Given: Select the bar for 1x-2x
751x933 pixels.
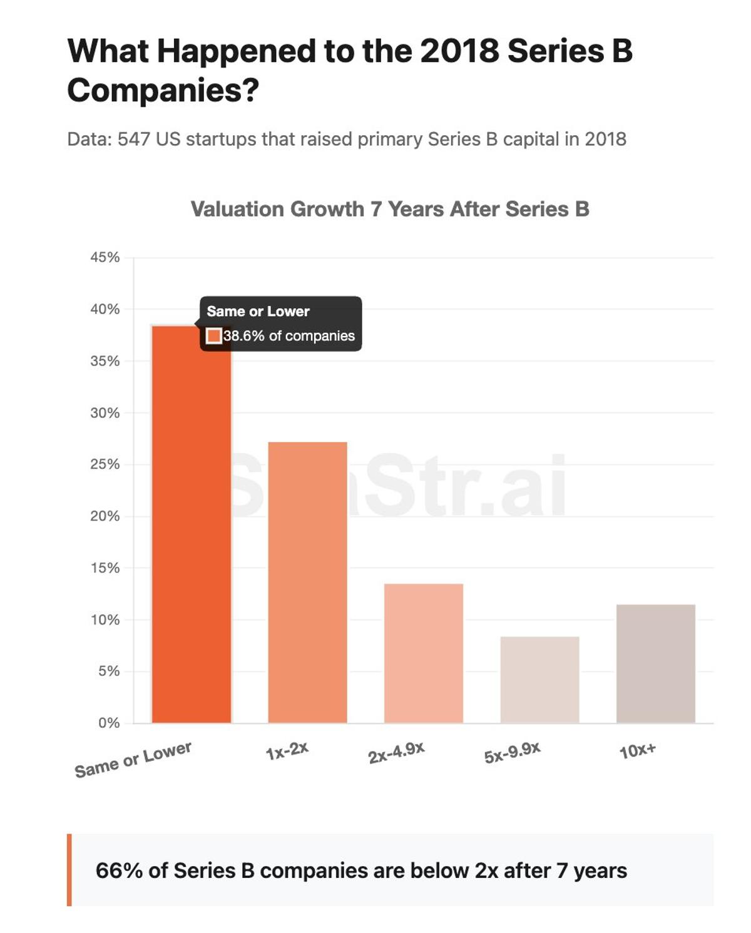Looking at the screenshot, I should click(x=307, y=582).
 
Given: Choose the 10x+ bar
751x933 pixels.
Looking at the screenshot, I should click(x=655, y=663).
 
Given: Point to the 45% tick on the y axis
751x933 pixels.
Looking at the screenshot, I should click(x=105, y=257).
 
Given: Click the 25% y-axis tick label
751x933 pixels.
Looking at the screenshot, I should click(x=105, y=464).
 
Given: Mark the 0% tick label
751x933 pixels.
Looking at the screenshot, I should click(x=109, y=723).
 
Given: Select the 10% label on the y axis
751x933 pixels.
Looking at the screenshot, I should click(x=105, y=619).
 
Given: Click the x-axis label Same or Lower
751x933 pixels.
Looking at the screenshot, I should click(x=133, y=760).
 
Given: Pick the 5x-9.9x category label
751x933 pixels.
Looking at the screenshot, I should click(x=512, y=753).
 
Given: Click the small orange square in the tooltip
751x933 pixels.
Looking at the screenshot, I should click(x=214, y=336).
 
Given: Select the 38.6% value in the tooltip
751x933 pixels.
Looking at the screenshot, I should click(x=244, y=336).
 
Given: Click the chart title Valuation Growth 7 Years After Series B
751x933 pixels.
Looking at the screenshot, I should click(x=390, y=209).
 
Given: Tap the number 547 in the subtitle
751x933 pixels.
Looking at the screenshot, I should click(x=133, y=139).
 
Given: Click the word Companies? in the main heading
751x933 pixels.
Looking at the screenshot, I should click(x=163, y=90).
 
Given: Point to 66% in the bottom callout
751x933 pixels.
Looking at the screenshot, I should click(x=119, y=870).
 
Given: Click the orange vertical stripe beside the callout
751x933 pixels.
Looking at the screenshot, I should click(x=69, y=870).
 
